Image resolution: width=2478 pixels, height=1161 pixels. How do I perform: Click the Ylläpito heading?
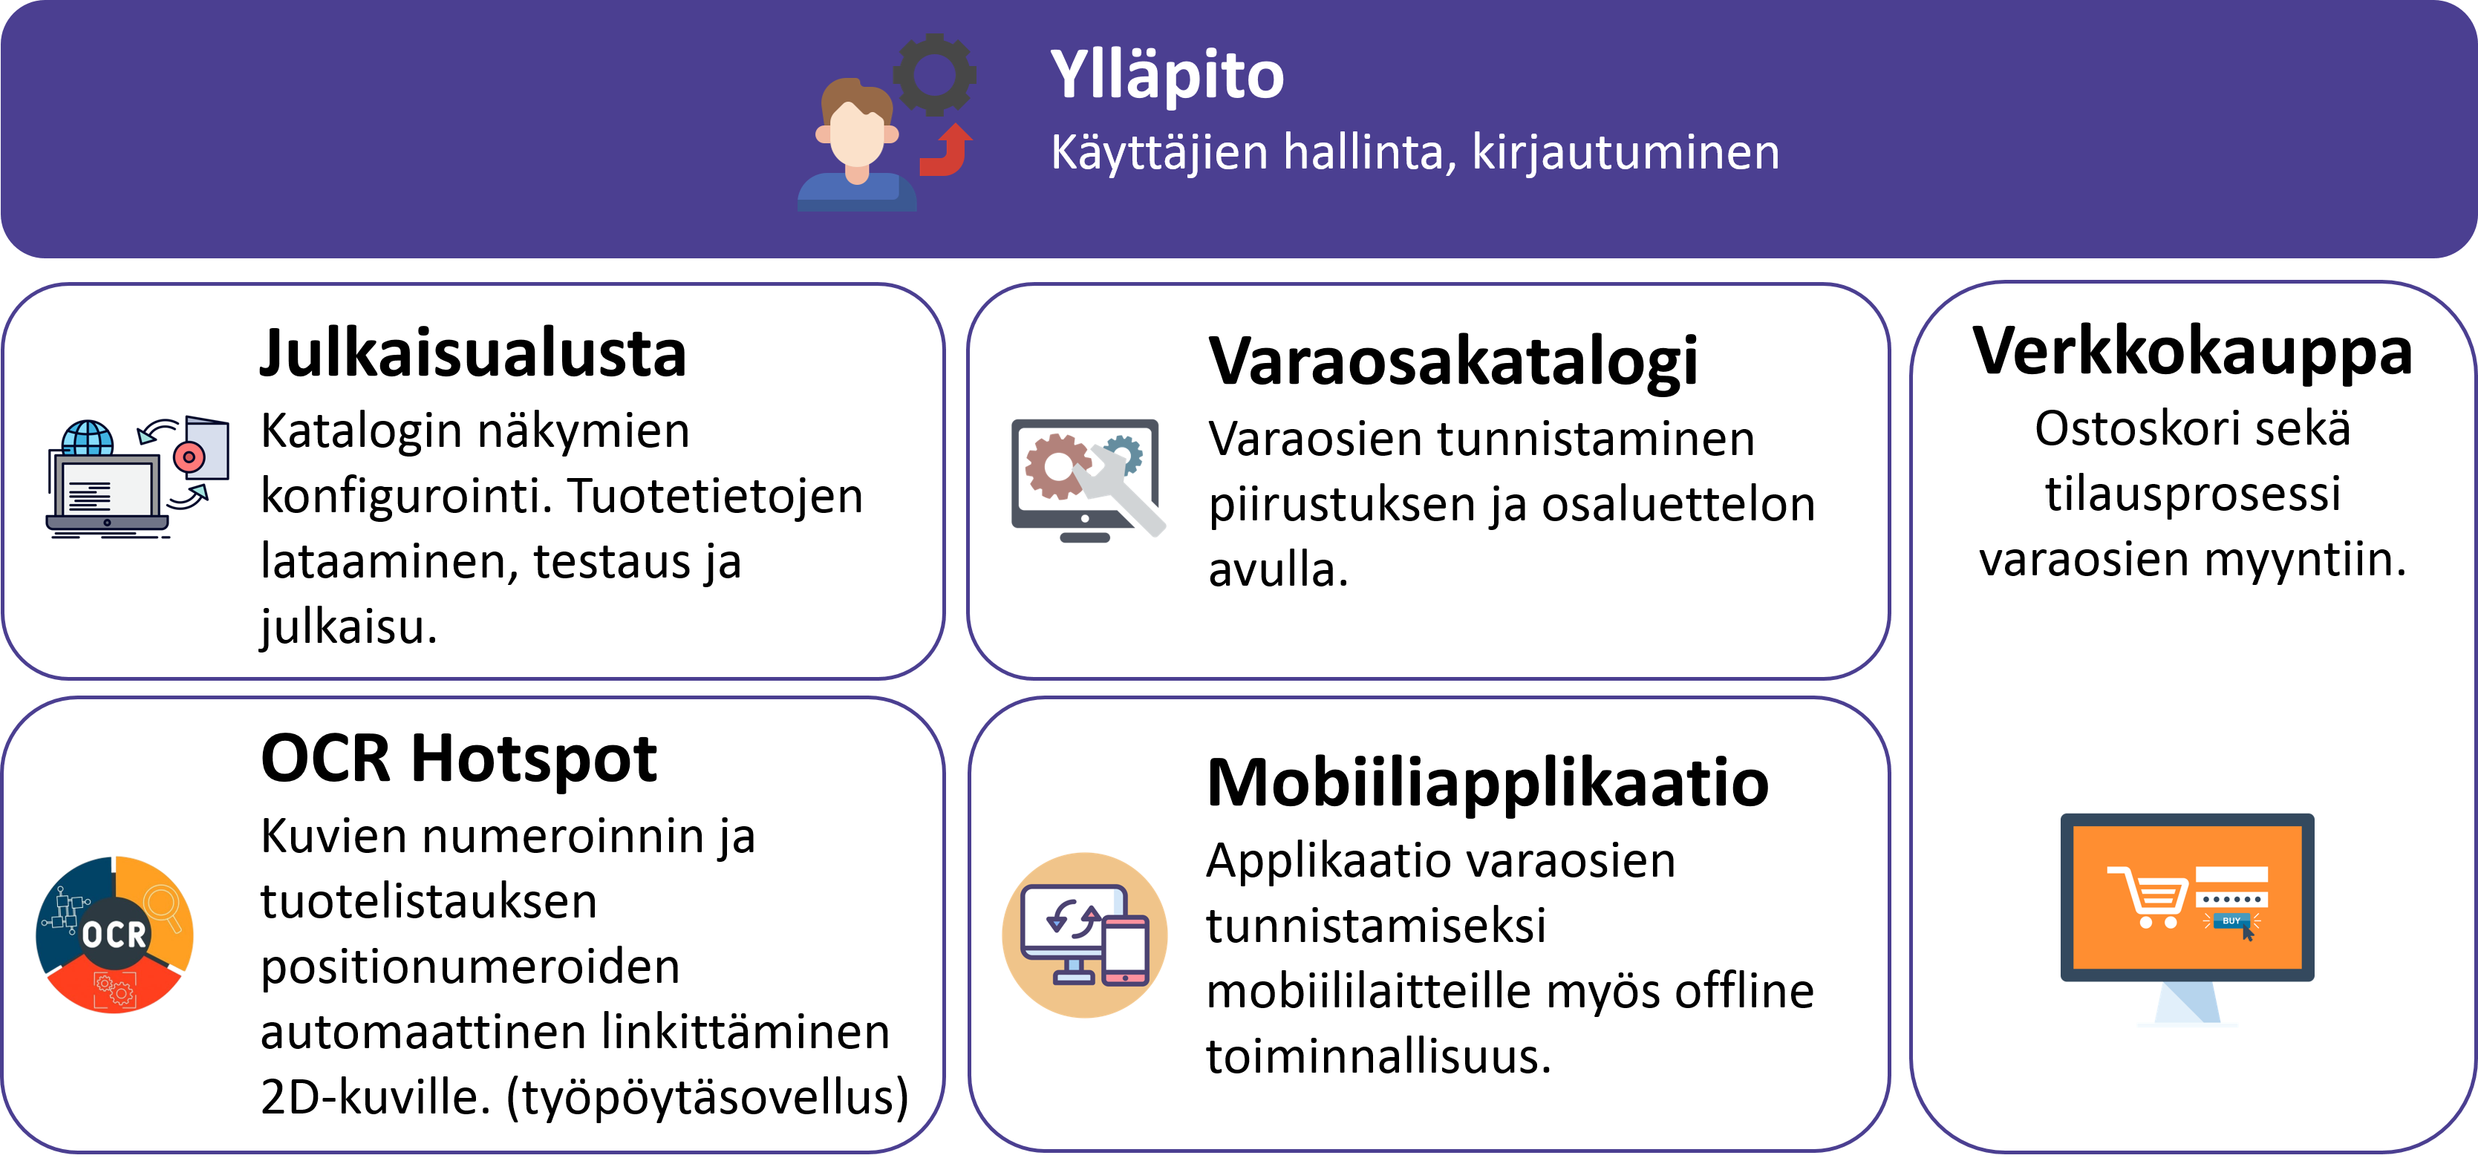pyautogui.click(x=1167, y=74)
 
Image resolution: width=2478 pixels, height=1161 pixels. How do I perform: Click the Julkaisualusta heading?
pyautogui.click(x=473, y=354)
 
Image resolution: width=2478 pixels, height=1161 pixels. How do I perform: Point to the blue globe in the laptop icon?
pyautogui.click(x=88, y=439)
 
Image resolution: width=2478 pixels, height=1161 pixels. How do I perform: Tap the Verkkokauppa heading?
pyautogui.click(x=2192, y=352)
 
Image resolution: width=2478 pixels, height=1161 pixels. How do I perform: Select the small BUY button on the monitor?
pyautogui.click(x=2231, y=921)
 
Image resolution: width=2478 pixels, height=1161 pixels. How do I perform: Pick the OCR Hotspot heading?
pyautogui.click(x=459, y=758)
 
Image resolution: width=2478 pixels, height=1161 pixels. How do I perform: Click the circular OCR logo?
pyautogui.click(x=114, y=934)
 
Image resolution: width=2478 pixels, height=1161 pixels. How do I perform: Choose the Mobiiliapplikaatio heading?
pyautogui.click(x=1487, y=783)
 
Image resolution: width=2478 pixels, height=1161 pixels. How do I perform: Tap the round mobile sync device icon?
pyautogui.click(x=1085, y=935)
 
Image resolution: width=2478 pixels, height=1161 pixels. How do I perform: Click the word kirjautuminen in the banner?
pyautogui.click(x=1626, y=153)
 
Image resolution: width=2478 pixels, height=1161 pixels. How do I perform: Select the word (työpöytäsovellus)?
pyautogui.click(x=707, y=1097)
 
